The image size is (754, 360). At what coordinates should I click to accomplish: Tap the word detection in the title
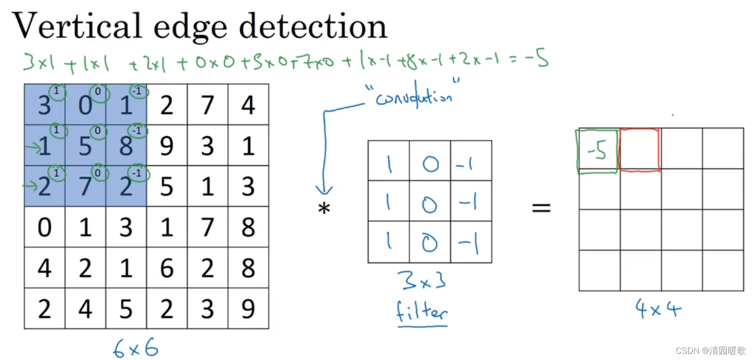313,26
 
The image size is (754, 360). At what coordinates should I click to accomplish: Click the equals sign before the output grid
541,208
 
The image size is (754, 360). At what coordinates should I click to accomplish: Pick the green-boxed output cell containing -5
597,151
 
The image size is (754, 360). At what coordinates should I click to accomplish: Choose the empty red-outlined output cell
639,150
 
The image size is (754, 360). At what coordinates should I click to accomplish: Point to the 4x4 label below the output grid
658,309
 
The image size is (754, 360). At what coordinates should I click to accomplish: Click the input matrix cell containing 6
167,268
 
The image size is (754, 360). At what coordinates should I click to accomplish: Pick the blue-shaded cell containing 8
126,146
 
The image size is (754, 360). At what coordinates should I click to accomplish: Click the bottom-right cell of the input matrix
248,309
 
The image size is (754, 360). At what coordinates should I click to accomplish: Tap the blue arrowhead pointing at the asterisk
324,190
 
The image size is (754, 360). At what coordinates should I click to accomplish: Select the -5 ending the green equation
537,60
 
